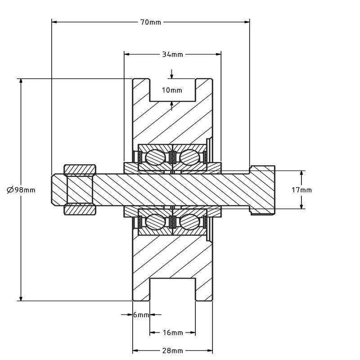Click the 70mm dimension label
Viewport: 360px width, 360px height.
pos(151,22)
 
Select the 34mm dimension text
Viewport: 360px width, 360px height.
pos(173,54)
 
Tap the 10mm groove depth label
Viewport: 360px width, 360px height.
pos(172,90)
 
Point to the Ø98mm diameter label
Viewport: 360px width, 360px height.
pos(21,190)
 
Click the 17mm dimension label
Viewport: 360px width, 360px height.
pos(301,190)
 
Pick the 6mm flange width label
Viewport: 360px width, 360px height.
pos(141,315)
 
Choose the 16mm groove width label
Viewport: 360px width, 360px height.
pos(173,333)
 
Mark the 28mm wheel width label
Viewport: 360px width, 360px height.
pos(173,351)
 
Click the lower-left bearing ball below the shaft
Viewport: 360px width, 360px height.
pos(155,222)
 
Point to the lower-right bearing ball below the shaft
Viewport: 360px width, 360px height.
pos(189,222)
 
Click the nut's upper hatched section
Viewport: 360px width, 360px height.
pos(80,170)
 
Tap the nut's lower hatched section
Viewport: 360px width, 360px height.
pos(80,210)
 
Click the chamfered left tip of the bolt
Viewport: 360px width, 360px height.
pos(53,189)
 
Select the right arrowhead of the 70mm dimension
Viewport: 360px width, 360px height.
pos(247,22)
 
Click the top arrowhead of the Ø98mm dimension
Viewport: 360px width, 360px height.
pos(21,81)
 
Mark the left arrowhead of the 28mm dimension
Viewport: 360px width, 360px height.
pos(135,351)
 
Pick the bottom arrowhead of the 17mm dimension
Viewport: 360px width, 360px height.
pos(301,206)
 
